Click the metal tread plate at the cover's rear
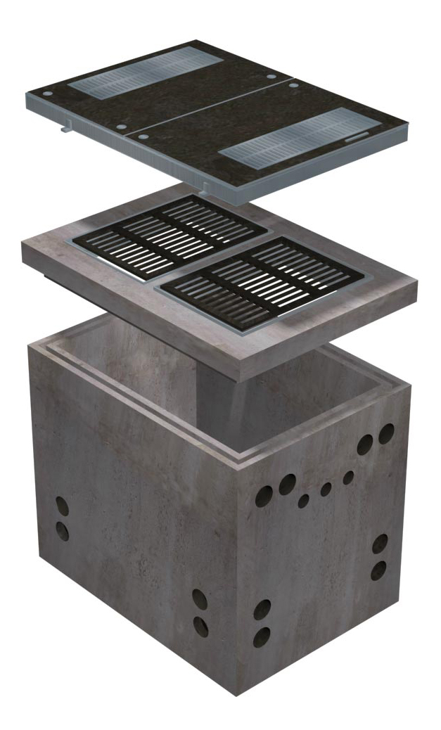(143, 72)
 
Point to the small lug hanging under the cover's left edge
(65, 129)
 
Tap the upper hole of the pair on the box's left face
(62, 506)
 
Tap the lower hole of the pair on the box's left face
(62, 530)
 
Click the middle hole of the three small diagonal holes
(326, 489)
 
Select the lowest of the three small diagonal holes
(303, 501)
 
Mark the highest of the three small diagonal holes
(348, 478)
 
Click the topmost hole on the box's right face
(385, 433)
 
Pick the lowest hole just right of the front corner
(262, 637)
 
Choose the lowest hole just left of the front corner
(201, 625)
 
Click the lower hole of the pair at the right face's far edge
(378, 569)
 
